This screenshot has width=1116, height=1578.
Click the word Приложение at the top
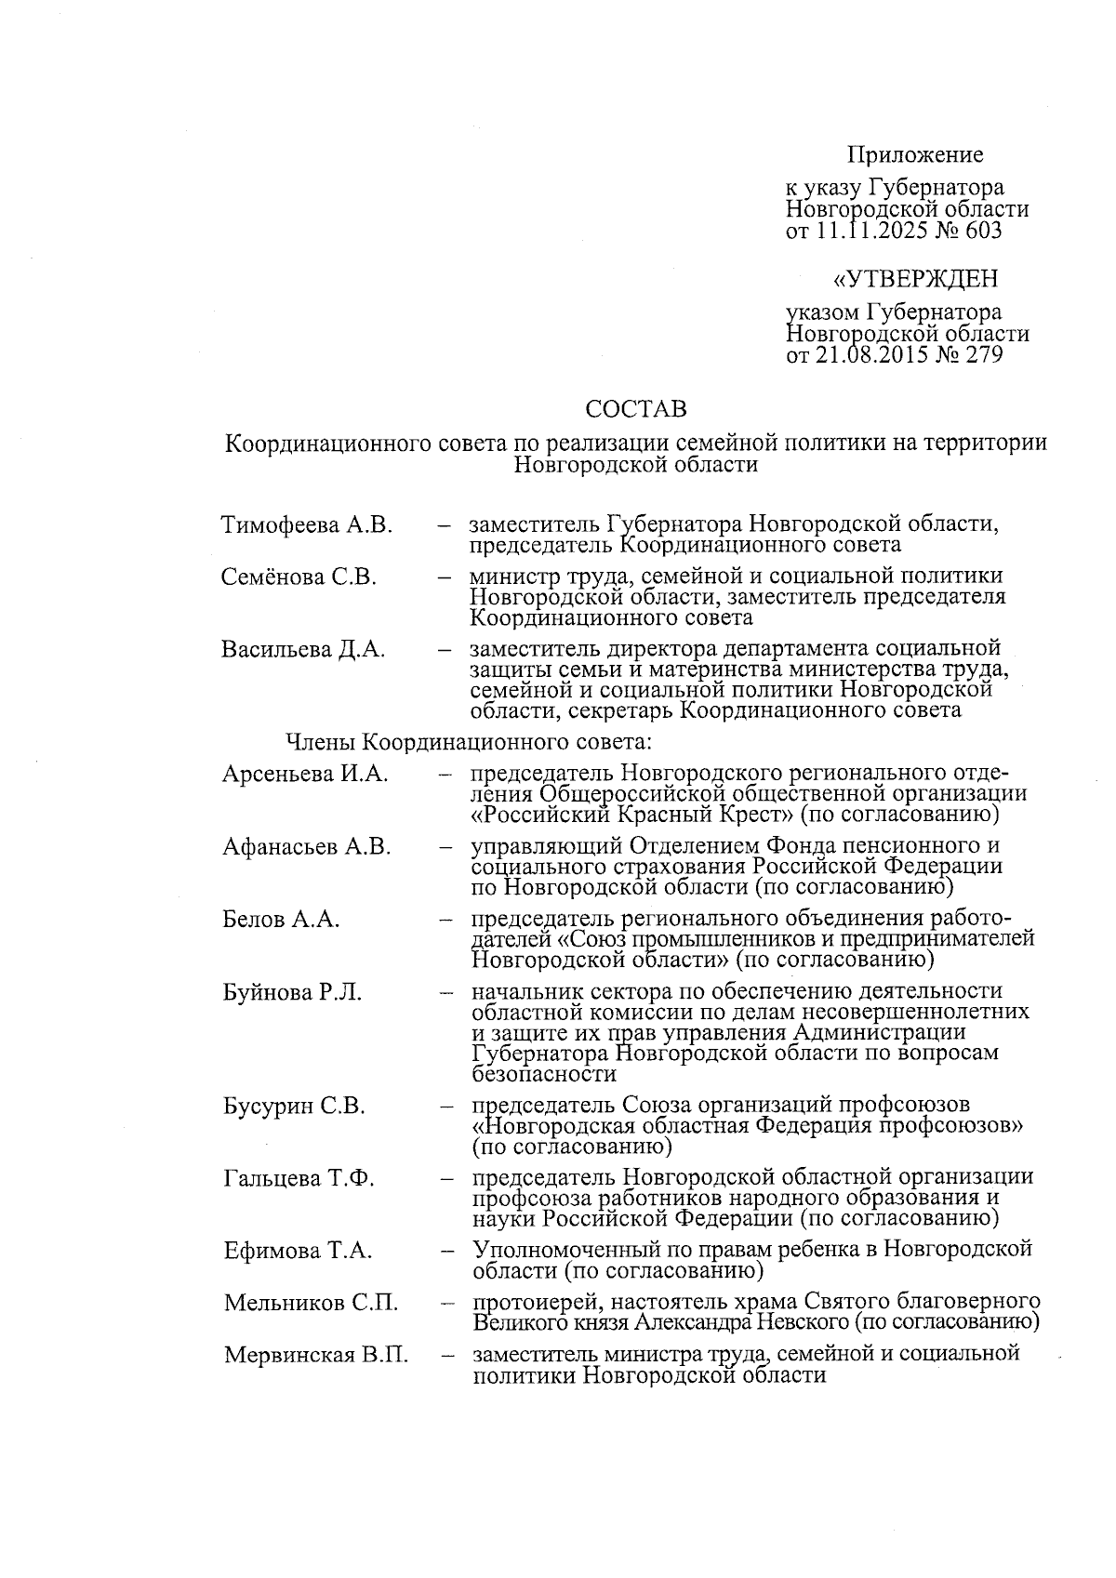point(915,154)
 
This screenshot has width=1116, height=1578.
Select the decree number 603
point(984,230)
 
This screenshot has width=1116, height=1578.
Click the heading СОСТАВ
point(636,409)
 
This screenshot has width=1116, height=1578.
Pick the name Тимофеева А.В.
point(307,525)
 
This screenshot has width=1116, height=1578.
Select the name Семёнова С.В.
point(299,577)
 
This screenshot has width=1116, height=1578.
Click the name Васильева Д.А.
point(303,649)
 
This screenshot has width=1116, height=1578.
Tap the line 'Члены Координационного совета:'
point(470,742)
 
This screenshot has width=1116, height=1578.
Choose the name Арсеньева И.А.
point(306,774)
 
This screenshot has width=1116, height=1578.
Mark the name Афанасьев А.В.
point(307,846)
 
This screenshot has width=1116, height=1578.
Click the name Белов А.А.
point(281,920)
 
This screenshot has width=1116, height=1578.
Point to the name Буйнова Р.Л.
point(292,992)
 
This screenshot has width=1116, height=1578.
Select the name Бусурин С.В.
point(294,1107)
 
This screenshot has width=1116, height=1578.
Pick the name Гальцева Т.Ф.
point(299,1179)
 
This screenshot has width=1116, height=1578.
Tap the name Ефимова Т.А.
point(298,1252)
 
